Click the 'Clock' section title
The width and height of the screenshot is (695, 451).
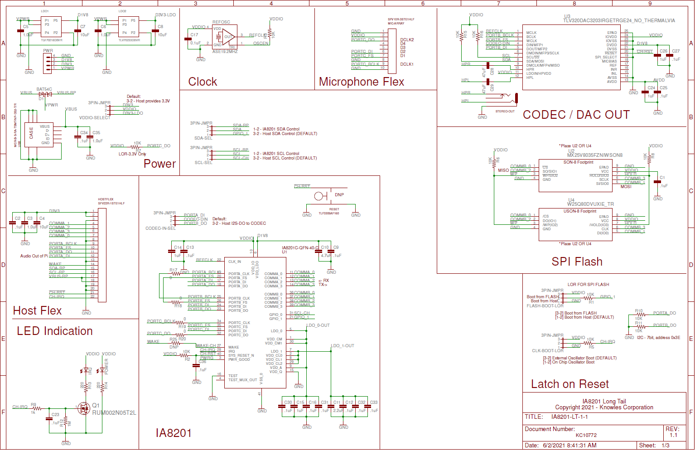click(203, 82)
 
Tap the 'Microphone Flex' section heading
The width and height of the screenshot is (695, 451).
click(362, 82)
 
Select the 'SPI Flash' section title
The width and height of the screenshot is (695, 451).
click(577, 262)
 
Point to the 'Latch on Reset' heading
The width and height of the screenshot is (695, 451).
click(570, 384)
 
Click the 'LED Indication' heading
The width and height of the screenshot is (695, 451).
click(55, 331)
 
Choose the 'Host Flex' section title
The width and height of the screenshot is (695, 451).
click(37, 310)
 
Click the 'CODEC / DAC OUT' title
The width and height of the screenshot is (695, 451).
click(576, 115)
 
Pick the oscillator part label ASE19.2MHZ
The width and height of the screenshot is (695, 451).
click(225, 52)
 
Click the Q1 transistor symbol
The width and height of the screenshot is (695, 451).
click(84, 408)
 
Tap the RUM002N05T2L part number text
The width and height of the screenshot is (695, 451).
click(114, 413)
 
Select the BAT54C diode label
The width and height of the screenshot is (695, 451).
click(44, 89)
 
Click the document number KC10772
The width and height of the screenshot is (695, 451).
click(586, 435)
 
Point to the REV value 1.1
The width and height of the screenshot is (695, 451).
click(673, 435)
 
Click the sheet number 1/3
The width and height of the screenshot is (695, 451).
click(666, 446)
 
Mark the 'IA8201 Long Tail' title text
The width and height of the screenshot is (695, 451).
click(604, 401)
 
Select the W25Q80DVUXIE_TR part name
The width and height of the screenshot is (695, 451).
click(591, 204)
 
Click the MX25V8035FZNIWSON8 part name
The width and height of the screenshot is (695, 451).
click(594, 155)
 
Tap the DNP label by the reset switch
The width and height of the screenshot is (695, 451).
click(339, 195)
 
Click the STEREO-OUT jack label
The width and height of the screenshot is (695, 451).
click(505, 111)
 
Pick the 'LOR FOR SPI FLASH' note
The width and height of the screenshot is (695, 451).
click(588, 285)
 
